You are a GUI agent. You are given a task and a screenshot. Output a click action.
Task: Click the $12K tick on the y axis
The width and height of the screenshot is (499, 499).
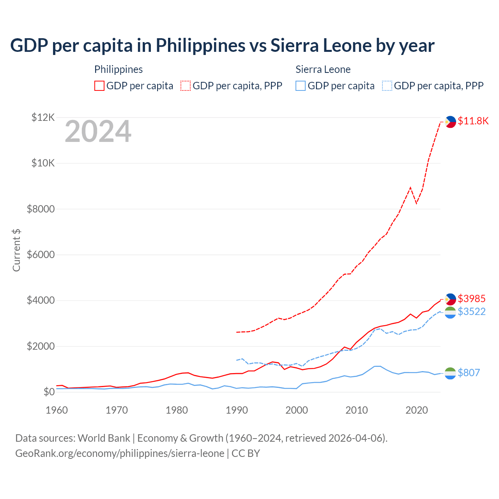click(43, 117)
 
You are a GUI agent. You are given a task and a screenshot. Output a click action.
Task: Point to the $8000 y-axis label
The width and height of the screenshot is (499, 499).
click(41, 209)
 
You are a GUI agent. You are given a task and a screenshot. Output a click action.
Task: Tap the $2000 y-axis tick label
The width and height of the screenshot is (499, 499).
click(41, 346)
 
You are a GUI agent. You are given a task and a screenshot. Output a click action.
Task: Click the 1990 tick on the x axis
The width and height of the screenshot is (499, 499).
click(237, 410)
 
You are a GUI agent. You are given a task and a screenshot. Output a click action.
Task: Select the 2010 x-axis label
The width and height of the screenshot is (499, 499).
click(357, 410)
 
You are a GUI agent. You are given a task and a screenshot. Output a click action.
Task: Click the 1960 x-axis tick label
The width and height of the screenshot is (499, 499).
click(57, 410)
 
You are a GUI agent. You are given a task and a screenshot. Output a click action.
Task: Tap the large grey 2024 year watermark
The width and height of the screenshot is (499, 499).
click(98, 131)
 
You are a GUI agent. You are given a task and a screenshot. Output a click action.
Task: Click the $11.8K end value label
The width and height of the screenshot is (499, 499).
click(473, 121)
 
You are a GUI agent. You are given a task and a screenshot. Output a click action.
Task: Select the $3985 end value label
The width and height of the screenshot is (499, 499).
click(471, 299)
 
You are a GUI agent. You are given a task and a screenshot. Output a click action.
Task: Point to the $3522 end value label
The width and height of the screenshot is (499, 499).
click(471, 311)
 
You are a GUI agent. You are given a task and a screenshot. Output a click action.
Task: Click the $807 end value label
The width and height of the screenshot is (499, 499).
click(469, 373)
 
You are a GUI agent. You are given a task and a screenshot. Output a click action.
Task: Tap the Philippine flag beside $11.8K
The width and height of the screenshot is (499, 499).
click(450, 122)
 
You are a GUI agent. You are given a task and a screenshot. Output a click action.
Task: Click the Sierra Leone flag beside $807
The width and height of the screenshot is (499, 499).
click(450, 373)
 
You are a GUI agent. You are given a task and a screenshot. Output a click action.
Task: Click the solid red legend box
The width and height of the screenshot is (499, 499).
click(99, 86)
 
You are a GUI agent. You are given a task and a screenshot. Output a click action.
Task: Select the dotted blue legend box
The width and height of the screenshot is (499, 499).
click(387, 86)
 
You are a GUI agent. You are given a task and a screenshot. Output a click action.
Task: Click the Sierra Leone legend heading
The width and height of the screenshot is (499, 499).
click(323, 69)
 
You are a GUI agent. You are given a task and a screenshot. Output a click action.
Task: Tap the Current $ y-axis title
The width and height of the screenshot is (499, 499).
click(16, 250)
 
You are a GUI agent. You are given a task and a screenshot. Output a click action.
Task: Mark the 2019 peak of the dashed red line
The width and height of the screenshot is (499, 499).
click(410, 188)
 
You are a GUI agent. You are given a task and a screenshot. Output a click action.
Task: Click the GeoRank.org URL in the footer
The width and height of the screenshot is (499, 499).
click(120, 453)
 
